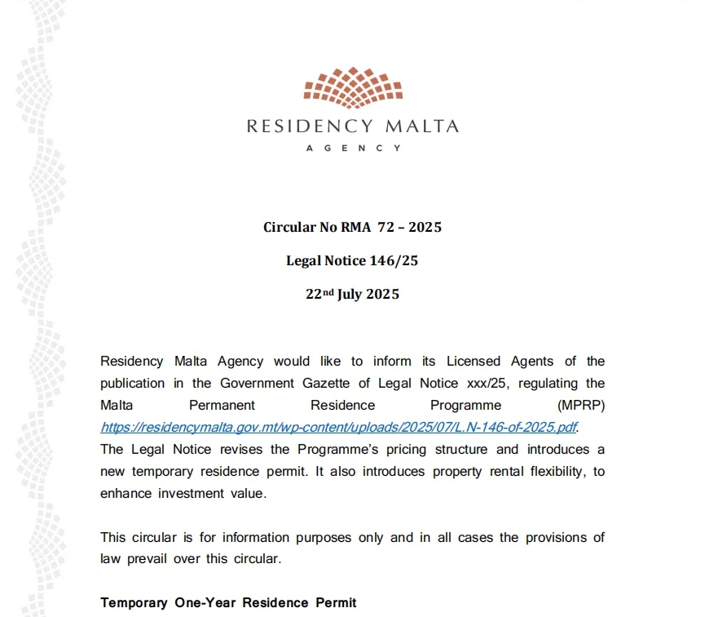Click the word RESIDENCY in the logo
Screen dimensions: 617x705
click(x=310, y=127)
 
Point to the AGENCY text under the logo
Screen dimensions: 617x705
click(x=352, y=149)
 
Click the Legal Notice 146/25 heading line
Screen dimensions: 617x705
click(x=352, y=261)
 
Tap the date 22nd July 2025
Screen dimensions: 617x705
click(x=352, y=295)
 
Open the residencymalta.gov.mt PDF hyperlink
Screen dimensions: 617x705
click(x=342, y=427)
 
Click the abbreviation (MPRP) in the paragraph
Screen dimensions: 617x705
click(x=580, y=406)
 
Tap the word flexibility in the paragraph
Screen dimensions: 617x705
click(x=544, y=472)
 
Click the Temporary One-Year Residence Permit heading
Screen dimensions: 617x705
click(x=228, y=603)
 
